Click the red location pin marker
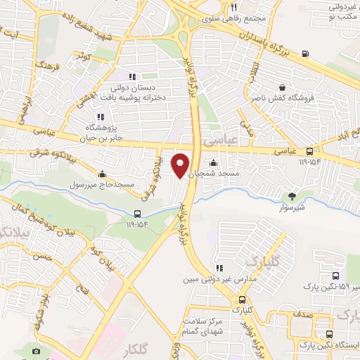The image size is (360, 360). coord(181,165)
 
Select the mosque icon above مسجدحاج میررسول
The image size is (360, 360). coord(103,174)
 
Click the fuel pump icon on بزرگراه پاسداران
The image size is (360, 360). coord(304,53)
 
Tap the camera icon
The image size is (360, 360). coord(37,349)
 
